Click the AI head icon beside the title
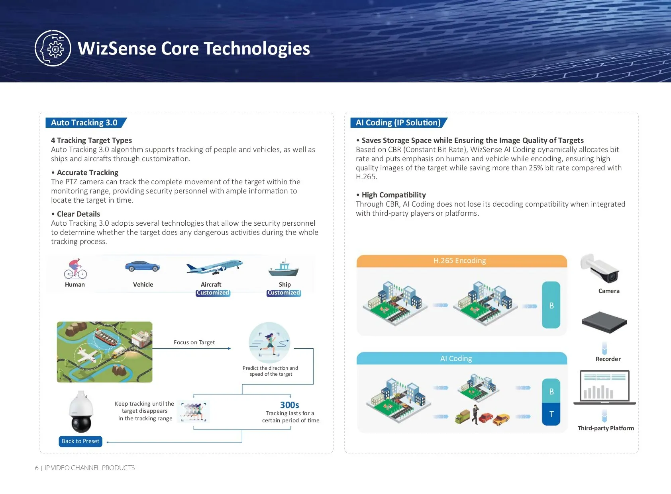point(53,48)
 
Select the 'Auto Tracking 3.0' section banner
point(86,123)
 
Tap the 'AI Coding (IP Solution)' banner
point(399,123)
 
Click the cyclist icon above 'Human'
point(75,268)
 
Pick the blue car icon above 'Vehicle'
point(142,266)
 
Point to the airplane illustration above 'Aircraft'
point(214,267)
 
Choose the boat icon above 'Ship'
point(283,268)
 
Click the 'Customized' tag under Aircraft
point(213,293)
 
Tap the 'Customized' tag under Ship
point(284,293)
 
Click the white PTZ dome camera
point(81,412)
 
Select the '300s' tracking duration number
point(289,405)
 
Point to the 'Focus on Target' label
point(194,342)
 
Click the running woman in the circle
point(270,343)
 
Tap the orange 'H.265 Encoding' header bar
point(462,261)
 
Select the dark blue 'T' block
point(551,414)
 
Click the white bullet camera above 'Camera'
point(599,268)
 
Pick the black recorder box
point(604,322)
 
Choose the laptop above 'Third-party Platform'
point(604,388)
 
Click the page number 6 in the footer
point(37,468)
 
